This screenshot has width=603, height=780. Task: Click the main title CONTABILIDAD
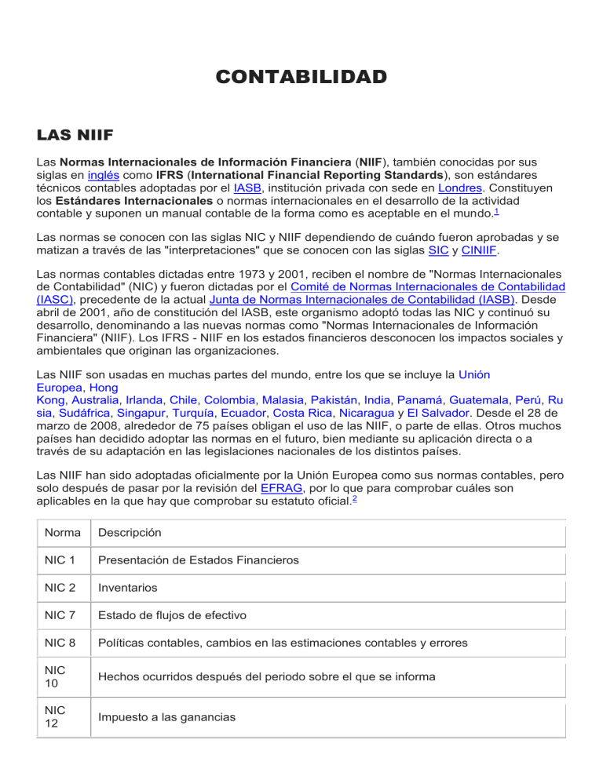[x=301, y=77]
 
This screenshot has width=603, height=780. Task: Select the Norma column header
[x=62, y=533]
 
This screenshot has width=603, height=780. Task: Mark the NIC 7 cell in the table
[x=62, y=615]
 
